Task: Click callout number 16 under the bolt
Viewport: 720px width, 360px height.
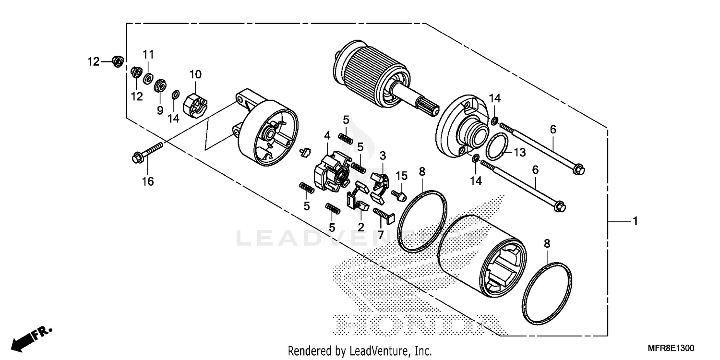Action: (147, 181)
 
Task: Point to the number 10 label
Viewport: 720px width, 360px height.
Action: (195, 74)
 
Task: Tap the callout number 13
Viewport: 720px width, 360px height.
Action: (520, 152)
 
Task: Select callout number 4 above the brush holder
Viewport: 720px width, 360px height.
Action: (327, 136)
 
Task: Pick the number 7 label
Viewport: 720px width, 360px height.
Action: (380, 235)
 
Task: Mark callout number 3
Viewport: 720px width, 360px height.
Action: (383, 156)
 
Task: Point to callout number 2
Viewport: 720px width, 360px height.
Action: (360, 225)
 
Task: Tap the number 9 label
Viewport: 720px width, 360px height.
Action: (160, 110)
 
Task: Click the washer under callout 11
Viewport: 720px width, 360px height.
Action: (148, 77)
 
